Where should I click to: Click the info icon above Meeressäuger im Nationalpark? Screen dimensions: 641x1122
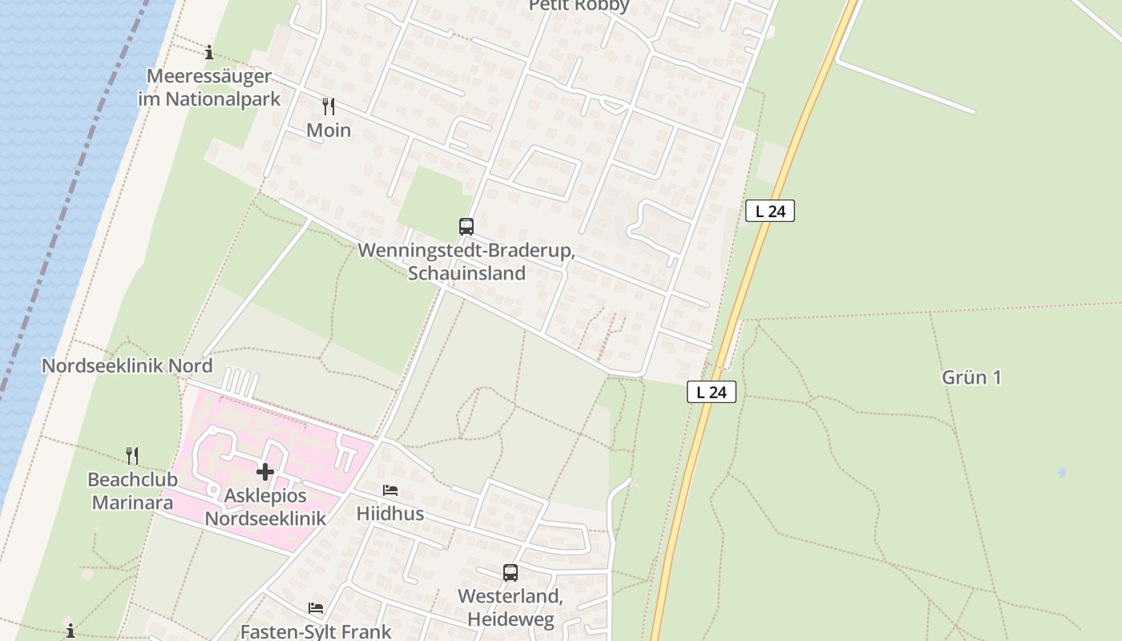[209, 53]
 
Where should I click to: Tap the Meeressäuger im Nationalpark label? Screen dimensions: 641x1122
[209, 88]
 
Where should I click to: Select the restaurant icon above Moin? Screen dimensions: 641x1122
[328, 107]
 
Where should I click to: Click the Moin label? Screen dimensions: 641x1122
[329, 130]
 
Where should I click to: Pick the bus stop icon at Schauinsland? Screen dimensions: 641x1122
[466, 227]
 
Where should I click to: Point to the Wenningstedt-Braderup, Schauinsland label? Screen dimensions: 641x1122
[466, 262]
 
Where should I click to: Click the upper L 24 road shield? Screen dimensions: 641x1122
[769, 212]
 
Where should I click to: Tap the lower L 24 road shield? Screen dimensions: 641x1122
[711, 392]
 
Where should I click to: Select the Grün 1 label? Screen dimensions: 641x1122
[971, 377]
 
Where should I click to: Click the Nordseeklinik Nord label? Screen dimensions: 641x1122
[127, 366]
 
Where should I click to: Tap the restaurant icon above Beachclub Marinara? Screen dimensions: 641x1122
[132, 456]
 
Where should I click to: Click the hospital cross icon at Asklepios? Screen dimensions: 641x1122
[265, 472]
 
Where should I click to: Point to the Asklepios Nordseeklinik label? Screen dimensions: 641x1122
[265, 507]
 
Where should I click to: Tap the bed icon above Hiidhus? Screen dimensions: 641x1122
[390, 490]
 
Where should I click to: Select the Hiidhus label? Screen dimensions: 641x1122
[390, 514]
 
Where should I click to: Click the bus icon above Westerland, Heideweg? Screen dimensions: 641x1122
[511, 573]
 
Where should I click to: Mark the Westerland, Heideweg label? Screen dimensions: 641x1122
[511, 608]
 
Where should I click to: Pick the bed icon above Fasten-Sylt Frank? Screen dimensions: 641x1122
[316, 608]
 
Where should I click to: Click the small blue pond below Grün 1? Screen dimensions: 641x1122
[1061, 473]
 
